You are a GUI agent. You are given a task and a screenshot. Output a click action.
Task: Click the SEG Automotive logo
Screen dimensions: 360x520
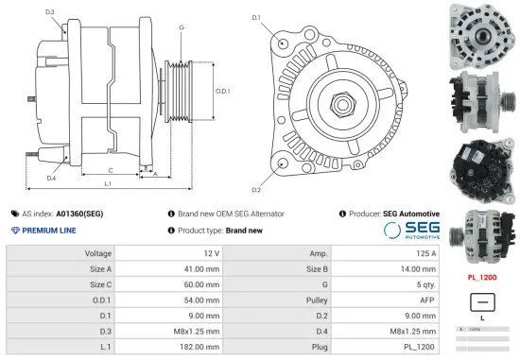tap(411, 230)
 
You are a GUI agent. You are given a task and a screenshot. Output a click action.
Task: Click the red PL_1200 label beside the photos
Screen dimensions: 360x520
tap(482, 278)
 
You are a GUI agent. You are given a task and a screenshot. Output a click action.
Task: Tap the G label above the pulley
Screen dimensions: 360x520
tap(181, 26)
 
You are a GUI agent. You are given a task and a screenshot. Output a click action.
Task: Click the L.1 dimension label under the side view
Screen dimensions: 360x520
tap(108, 183)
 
